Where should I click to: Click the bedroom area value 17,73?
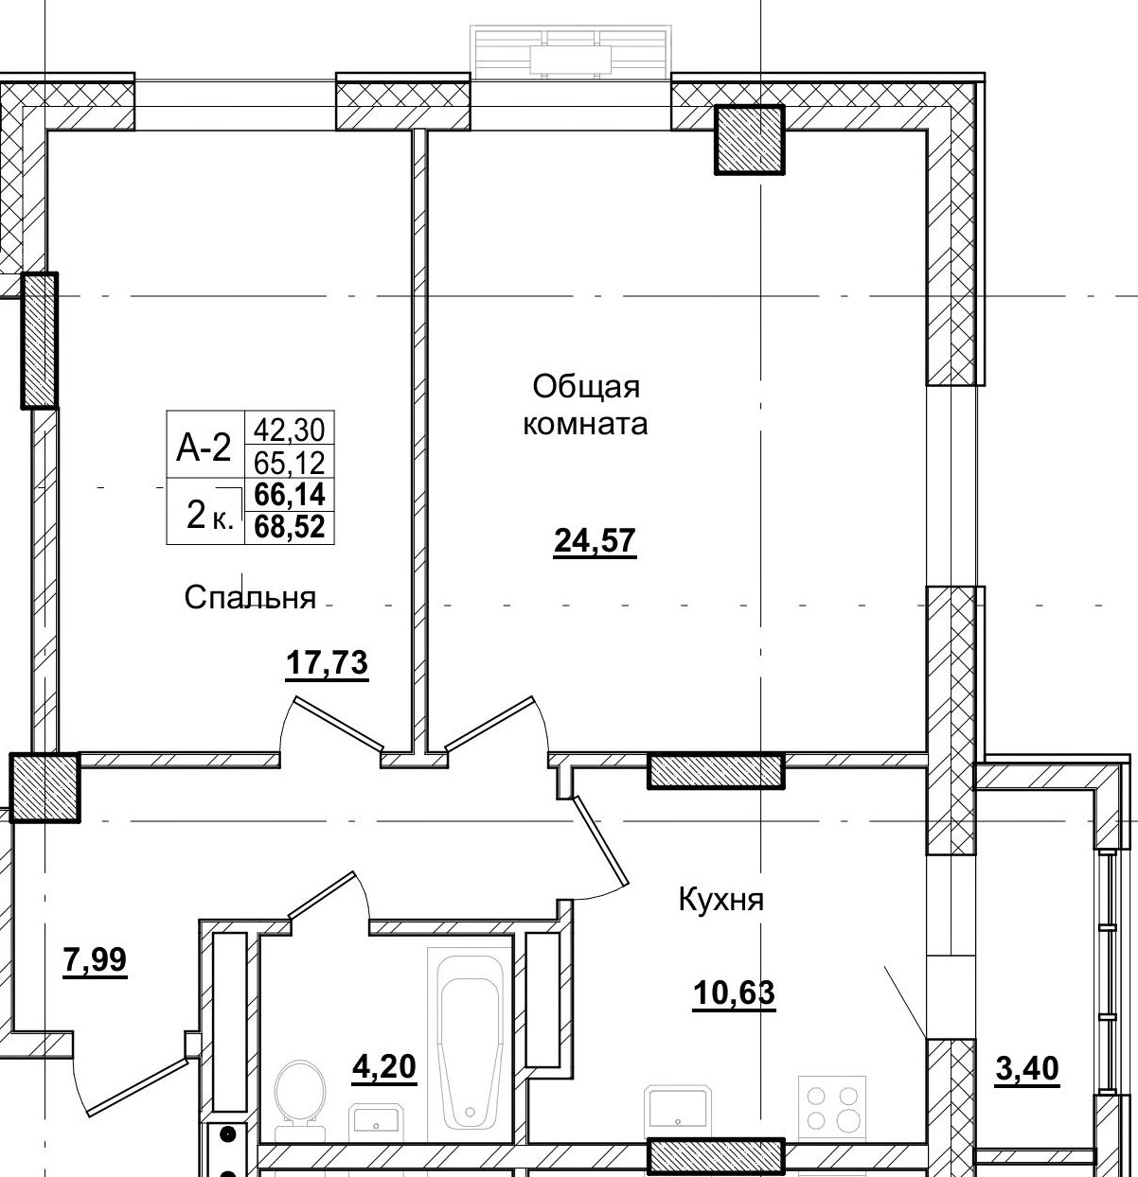[327, 663]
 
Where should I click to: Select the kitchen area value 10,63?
[734, 993]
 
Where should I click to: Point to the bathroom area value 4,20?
[383, 1067]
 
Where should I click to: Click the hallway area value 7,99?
[95, 960]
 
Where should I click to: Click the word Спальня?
[250, 597]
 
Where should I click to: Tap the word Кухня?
[720, 899]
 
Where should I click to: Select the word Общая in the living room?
[586, 386]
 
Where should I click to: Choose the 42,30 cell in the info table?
[289, 430]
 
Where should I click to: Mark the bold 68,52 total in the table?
[289, 527]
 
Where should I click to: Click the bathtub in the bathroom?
[470, 1039]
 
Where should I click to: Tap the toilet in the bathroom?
[300, 1098]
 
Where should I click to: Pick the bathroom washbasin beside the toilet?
[378, 1123]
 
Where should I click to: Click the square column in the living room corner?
[749, 139]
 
